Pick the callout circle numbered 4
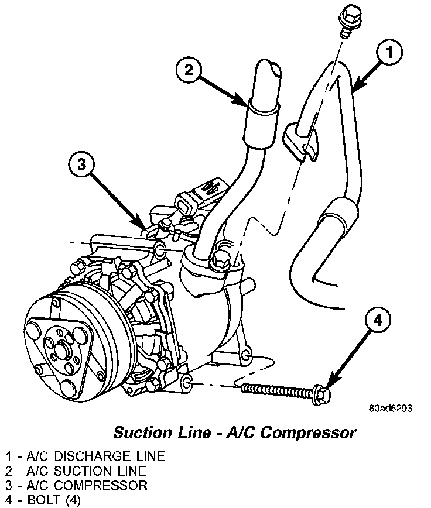click(377, 320)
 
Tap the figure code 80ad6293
click(390, 408)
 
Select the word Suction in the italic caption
click(139, 433)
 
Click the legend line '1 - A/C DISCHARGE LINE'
click(85, 456)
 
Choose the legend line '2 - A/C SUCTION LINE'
click(76, 471)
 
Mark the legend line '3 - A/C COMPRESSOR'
click(77, 485)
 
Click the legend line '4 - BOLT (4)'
click(43, 500)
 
